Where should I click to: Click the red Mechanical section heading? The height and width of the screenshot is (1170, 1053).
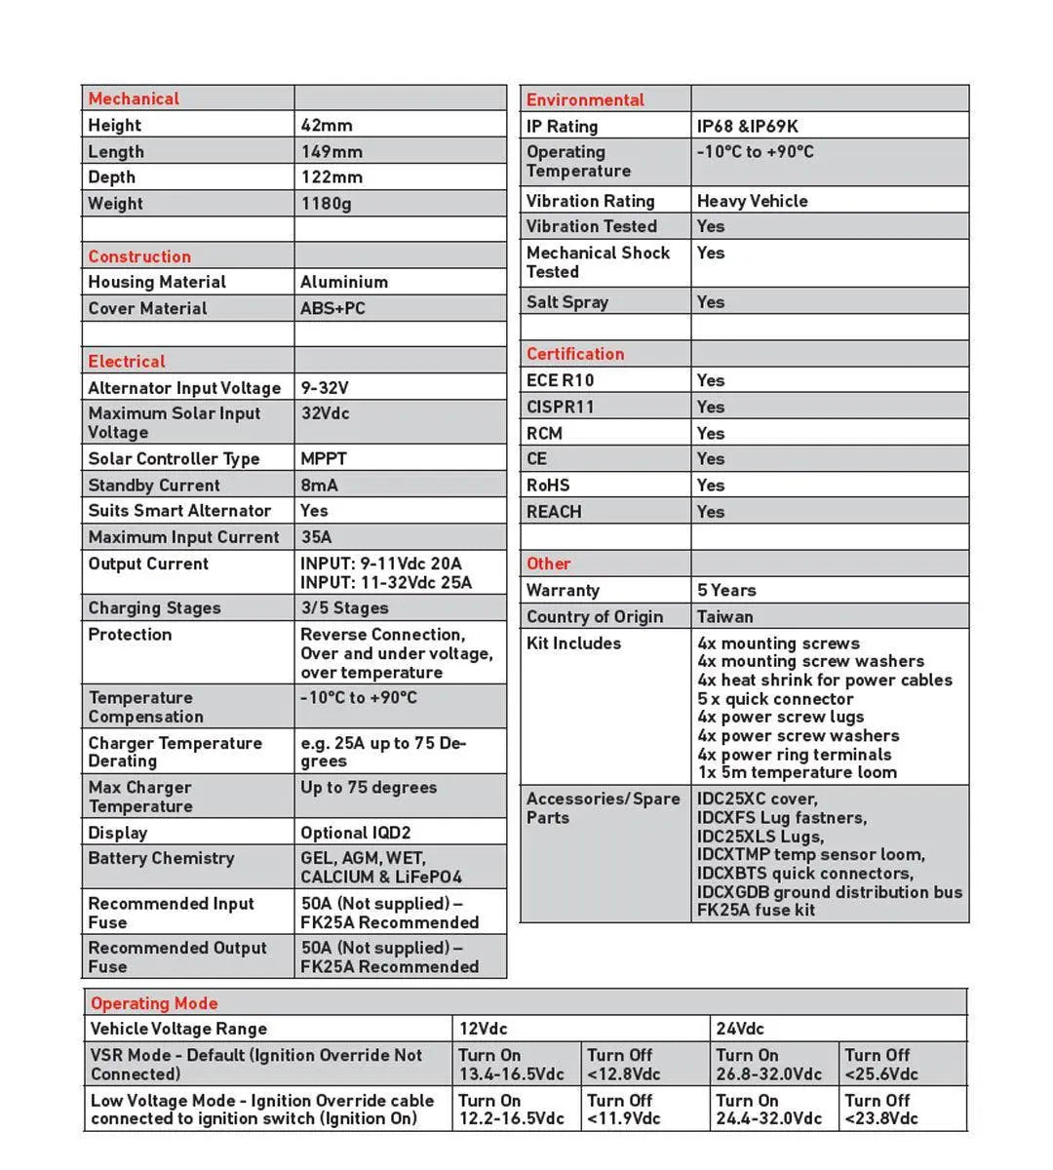(x=134, y=98)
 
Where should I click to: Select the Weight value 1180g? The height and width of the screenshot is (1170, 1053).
(x=326, y=204)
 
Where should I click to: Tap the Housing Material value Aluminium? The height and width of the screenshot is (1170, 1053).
(x=344, y=282)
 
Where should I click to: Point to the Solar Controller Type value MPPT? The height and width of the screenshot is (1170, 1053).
(x=323, y=458)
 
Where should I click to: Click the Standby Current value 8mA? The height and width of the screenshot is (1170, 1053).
(x=320, y=485)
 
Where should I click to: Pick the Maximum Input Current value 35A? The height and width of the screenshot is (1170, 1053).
(x=316, y=537)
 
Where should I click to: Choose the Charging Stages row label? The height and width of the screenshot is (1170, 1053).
(x=154, y=607)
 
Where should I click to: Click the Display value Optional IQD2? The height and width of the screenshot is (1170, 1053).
(x=355, y=833)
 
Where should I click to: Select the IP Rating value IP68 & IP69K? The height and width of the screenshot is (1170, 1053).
(x=747, y=126)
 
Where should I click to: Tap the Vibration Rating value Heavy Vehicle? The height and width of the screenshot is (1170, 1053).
(x=752, y=201)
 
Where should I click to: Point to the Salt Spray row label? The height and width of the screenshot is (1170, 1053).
(x=566, y=302)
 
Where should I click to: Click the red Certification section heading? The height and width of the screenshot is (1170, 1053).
(x=575, y=354)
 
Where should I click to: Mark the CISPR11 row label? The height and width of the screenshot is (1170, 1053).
(x=560, y=407)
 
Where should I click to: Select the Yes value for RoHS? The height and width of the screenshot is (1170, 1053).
(x=711, y=485)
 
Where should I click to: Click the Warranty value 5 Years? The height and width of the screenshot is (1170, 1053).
(x=726, y=590)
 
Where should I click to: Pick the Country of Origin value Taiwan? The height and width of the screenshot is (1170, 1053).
(x=724, y=616)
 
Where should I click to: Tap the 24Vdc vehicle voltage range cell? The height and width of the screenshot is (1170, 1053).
(x=740, y=1029)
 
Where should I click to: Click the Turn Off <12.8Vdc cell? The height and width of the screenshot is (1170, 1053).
(x=623, y=1065)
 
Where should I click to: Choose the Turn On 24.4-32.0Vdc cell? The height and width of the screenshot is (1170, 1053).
(x=768, y=1110)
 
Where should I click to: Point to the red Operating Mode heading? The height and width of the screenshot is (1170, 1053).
(x=154, y=1003)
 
